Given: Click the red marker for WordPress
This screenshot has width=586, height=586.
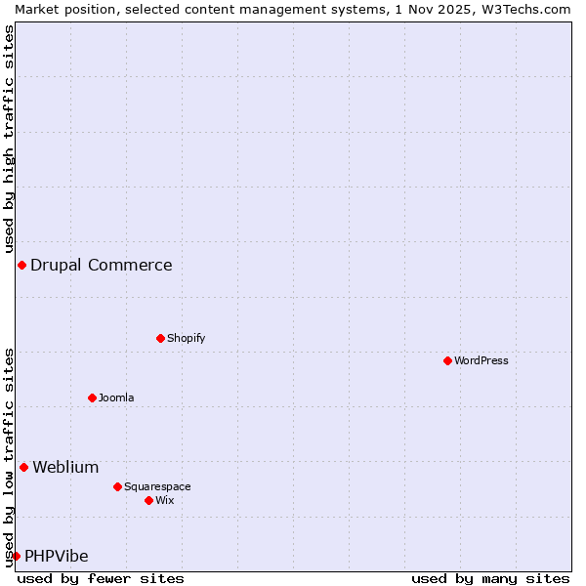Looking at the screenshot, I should [x=447, y=360].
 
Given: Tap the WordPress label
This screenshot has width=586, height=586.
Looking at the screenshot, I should [x=481, y=360].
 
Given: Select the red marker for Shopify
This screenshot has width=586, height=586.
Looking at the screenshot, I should [x=160, y=338].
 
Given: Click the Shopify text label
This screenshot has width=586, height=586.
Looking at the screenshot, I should [x=186, y=338].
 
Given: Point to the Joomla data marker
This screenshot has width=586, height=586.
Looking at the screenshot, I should [x=92, y=398].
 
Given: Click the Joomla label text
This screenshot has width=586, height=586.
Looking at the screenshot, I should [x=116, y=398].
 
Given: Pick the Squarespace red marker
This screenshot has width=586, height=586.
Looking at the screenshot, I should [x=117, y=486].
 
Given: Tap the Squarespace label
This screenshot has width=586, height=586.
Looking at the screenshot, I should [x=157, y=486].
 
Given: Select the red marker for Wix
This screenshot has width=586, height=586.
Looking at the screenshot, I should [x=148, y=500].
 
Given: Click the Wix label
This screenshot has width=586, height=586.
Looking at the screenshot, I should [x=165, y=500].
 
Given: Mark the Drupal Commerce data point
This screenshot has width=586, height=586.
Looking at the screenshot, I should [x=21, y=265].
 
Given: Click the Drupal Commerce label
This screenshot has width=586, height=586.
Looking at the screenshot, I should [x=102, y=265].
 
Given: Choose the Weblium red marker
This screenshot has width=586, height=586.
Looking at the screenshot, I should [x=23, y=467].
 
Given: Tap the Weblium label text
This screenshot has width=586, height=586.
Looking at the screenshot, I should [x=65, y=467].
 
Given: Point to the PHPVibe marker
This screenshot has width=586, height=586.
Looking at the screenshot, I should [x=16, y=556].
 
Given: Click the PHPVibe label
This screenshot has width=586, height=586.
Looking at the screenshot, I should [x=57, y=556].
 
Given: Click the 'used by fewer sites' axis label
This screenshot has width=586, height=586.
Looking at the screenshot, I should [x=101, y=578].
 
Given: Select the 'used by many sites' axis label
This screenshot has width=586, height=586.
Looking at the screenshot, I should [x=490, y=578].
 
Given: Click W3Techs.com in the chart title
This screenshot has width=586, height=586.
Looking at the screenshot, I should [x=527, y=9].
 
